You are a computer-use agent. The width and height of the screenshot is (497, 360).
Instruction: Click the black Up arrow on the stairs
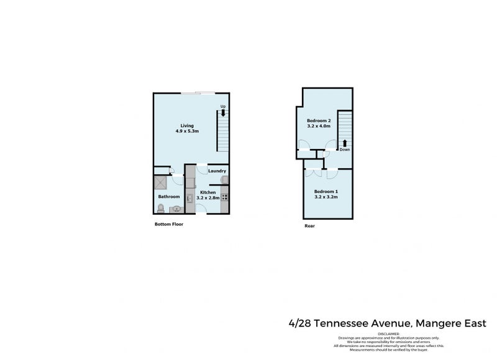pyautogui.click(x=223, y=113)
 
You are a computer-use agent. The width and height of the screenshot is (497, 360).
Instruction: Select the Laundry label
pyautogui.click(x=217, y=171)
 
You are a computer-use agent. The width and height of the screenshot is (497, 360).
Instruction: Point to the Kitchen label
pyautogui.click(x=207, y=192)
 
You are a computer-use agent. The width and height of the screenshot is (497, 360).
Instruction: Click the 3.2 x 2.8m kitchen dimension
pyautogui.click(x=207, y=197)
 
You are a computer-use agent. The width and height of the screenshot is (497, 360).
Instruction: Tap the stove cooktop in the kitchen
pyautogui.click(x=224, y=197)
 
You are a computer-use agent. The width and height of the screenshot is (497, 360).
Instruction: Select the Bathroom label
pyautogui.click(x=168, y=197)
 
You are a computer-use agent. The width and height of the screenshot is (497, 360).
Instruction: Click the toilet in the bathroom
pyautogui.click(x=161, y=207)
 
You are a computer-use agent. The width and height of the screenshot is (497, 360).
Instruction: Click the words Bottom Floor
pyautogui.click(x=168, y=224)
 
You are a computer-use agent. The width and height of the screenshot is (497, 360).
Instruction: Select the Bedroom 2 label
pyautogui.click(x=319, y=120)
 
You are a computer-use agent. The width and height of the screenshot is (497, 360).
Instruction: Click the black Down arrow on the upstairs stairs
pyautogui.click(x=345, y=143)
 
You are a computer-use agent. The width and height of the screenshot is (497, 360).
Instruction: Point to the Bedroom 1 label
pyautogui.click(x=326, y=191)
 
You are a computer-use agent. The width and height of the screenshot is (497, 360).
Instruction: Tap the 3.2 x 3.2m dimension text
pyautogui.click(x=326, y=197)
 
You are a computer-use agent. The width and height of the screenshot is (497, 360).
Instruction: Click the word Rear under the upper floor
pyautogui.click(x=309, y=226)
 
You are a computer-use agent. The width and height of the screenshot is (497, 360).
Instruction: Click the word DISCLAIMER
pyautogui.click(x=388, y=333)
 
